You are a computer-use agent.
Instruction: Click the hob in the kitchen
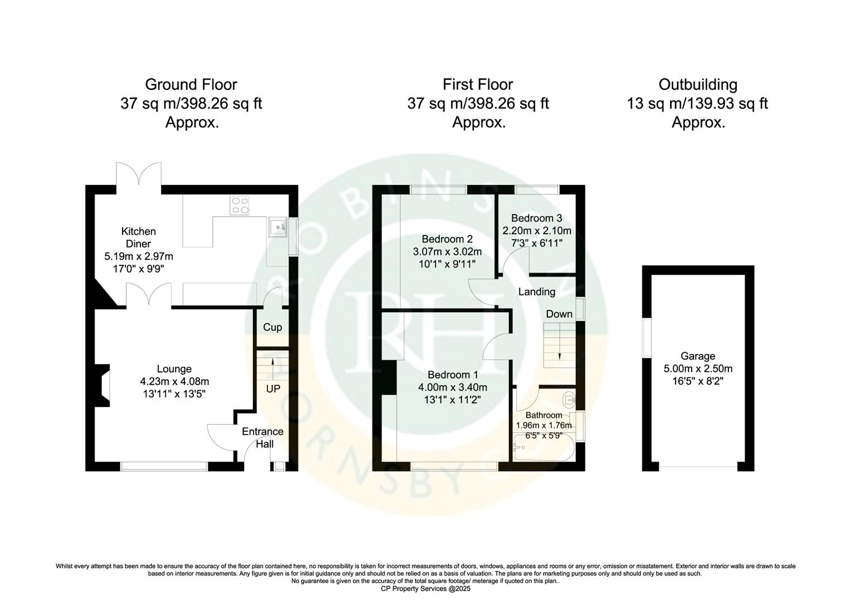point(241,205)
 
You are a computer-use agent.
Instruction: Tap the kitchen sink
point(277,227)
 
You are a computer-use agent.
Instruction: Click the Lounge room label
point(174,369)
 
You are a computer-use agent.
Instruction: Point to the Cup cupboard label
point(272,327)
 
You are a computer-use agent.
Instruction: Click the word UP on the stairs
point(273,389)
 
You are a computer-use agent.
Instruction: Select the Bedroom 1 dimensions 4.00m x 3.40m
point(453,387)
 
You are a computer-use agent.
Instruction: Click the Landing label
point(536,292)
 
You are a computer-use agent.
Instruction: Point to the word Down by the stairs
point(559,314)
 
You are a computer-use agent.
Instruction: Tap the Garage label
point(698,356)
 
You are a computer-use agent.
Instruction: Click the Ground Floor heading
point(191,85)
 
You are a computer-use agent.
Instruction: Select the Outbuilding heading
point(698,85)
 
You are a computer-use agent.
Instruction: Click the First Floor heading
point(478,85)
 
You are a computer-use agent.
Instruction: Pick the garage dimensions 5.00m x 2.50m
point(698,368)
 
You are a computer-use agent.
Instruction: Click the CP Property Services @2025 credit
point(425,589)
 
